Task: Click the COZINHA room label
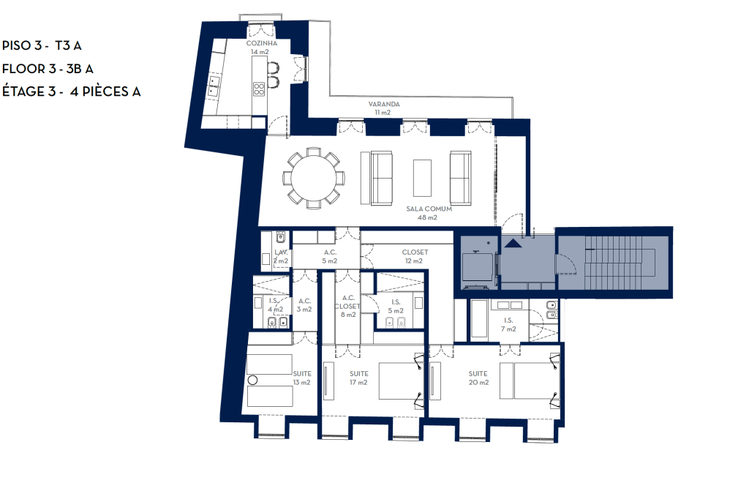[261, 48]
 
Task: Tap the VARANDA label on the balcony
[383, 108]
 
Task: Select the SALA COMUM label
[429, 213]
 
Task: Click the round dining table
[313, 178]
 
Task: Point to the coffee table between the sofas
[422, 178]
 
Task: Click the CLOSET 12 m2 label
[415, 257]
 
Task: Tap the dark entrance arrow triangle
[513, 243]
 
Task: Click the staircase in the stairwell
[620, 262]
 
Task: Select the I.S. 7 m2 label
[508, 324]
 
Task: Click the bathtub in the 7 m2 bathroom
[478, 319]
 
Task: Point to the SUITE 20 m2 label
[478, 378]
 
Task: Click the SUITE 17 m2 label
[358, 378]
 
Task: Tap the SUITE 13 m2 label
[302, 378]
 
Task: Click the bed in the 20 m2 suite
[530, 381]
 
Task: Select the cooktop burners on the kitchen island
[259, 89]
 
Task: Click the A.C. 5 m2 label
[330, 257]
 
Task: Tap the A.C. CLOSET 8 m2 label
[347, 306]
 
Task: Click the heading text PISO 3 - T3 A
[42, 45]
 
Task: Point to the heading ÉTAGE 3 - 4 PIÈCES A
[72, 91]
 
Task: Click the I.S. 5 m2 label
[396, 306]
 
